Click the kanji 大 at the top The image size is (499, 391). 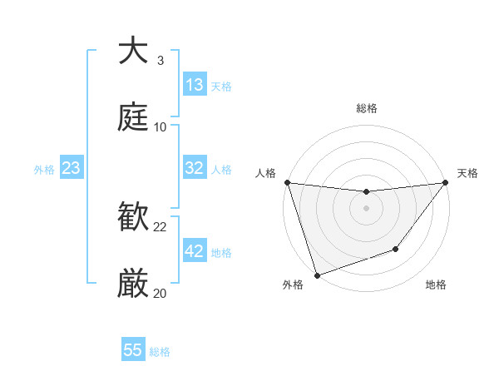(134, 51)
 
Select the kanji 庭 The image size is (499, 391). (134, 116)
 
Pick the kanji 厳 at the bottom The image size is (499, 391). (134, 284)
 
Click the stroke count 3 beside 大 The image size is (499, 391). (161, 61)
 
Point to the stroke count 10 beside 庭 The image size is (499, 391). (161, 127)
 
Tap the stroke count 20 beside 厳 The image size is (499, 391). (161, 293)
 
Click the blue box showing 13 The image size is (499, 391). (195, 85)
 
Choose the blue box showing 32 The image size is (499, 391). (195, 168)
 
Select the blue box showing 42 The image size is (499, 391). (195, 251)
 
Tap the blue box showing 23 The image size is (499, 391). (72, 168)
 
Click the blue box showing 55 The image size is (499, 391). (133, 350)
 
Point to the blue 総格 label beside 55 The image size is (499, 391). (160, 352)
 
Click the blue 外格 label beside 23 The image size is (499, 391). (44, 170)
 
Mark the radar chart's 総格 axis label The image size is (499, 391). (367, 108)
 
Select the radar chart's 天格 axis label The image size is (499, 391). (467, 173)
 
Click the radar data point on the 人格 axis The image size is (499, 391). (287, 182)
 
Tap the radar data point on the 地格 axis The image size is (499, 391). (397, 249)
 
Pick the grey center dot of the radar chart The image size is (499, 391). (367, 208)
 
